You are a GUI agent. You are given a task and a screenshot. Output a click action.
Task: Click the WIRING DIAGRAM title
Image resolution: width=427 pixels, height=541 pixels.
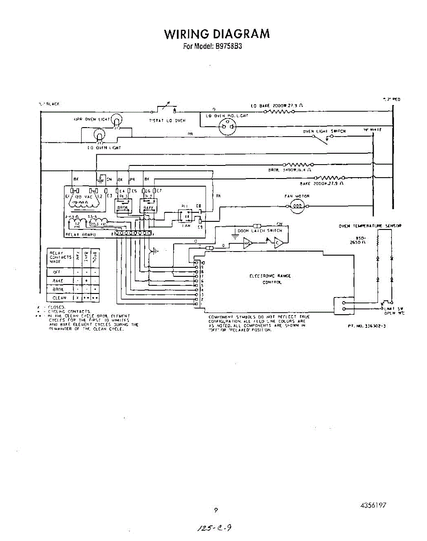(217, 34)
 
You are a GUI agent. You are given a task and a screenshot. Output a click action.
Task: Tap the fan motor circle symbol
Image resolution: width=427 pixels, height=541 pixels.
(298, 206)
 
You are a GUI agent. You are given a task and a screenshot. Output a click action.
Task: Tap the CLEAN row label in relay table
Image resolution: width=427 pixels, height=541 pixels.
(60, 298)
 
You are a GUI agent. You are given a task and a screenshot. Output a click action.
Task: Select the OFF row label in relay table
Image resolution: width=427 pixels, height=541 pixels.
(57, 272)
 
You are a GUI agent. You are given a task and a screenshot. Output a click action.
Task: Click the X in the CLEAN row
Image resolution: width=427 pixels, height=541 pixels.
(78, 298)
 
